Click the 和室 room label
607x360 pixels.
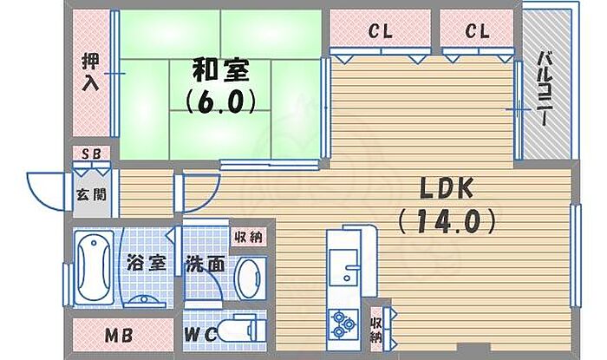tap(220, 70)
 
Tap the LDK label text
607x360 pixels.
tap(447, 188)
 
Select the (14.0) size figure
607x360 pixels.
tap(447, 221)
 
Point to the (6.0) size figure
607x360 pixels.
tap(220, 101)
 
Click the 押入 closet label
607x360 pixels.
tap(91, 72)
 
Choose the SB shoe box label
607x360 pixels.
tap(91, 154)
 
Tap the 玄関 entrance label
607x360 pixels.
tap(91, 194)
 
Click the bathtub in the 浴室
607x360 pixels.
tap(94, 267)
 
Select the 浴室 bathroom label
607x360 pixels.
tap(147, 264)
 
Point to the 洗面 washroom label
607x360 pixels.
tap(206, 264)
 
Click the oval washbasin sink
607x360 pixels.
tap(251, 278)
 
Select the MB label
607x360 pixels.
tap(119, 335)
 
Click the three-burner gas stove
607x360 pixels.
tap(343, 324)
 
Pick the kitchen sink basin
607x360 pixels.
tap(343, 267)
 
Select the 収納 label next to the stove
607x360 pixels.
tap(375, 330)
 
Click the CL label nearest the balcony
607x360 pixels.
tap(477, 31)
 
